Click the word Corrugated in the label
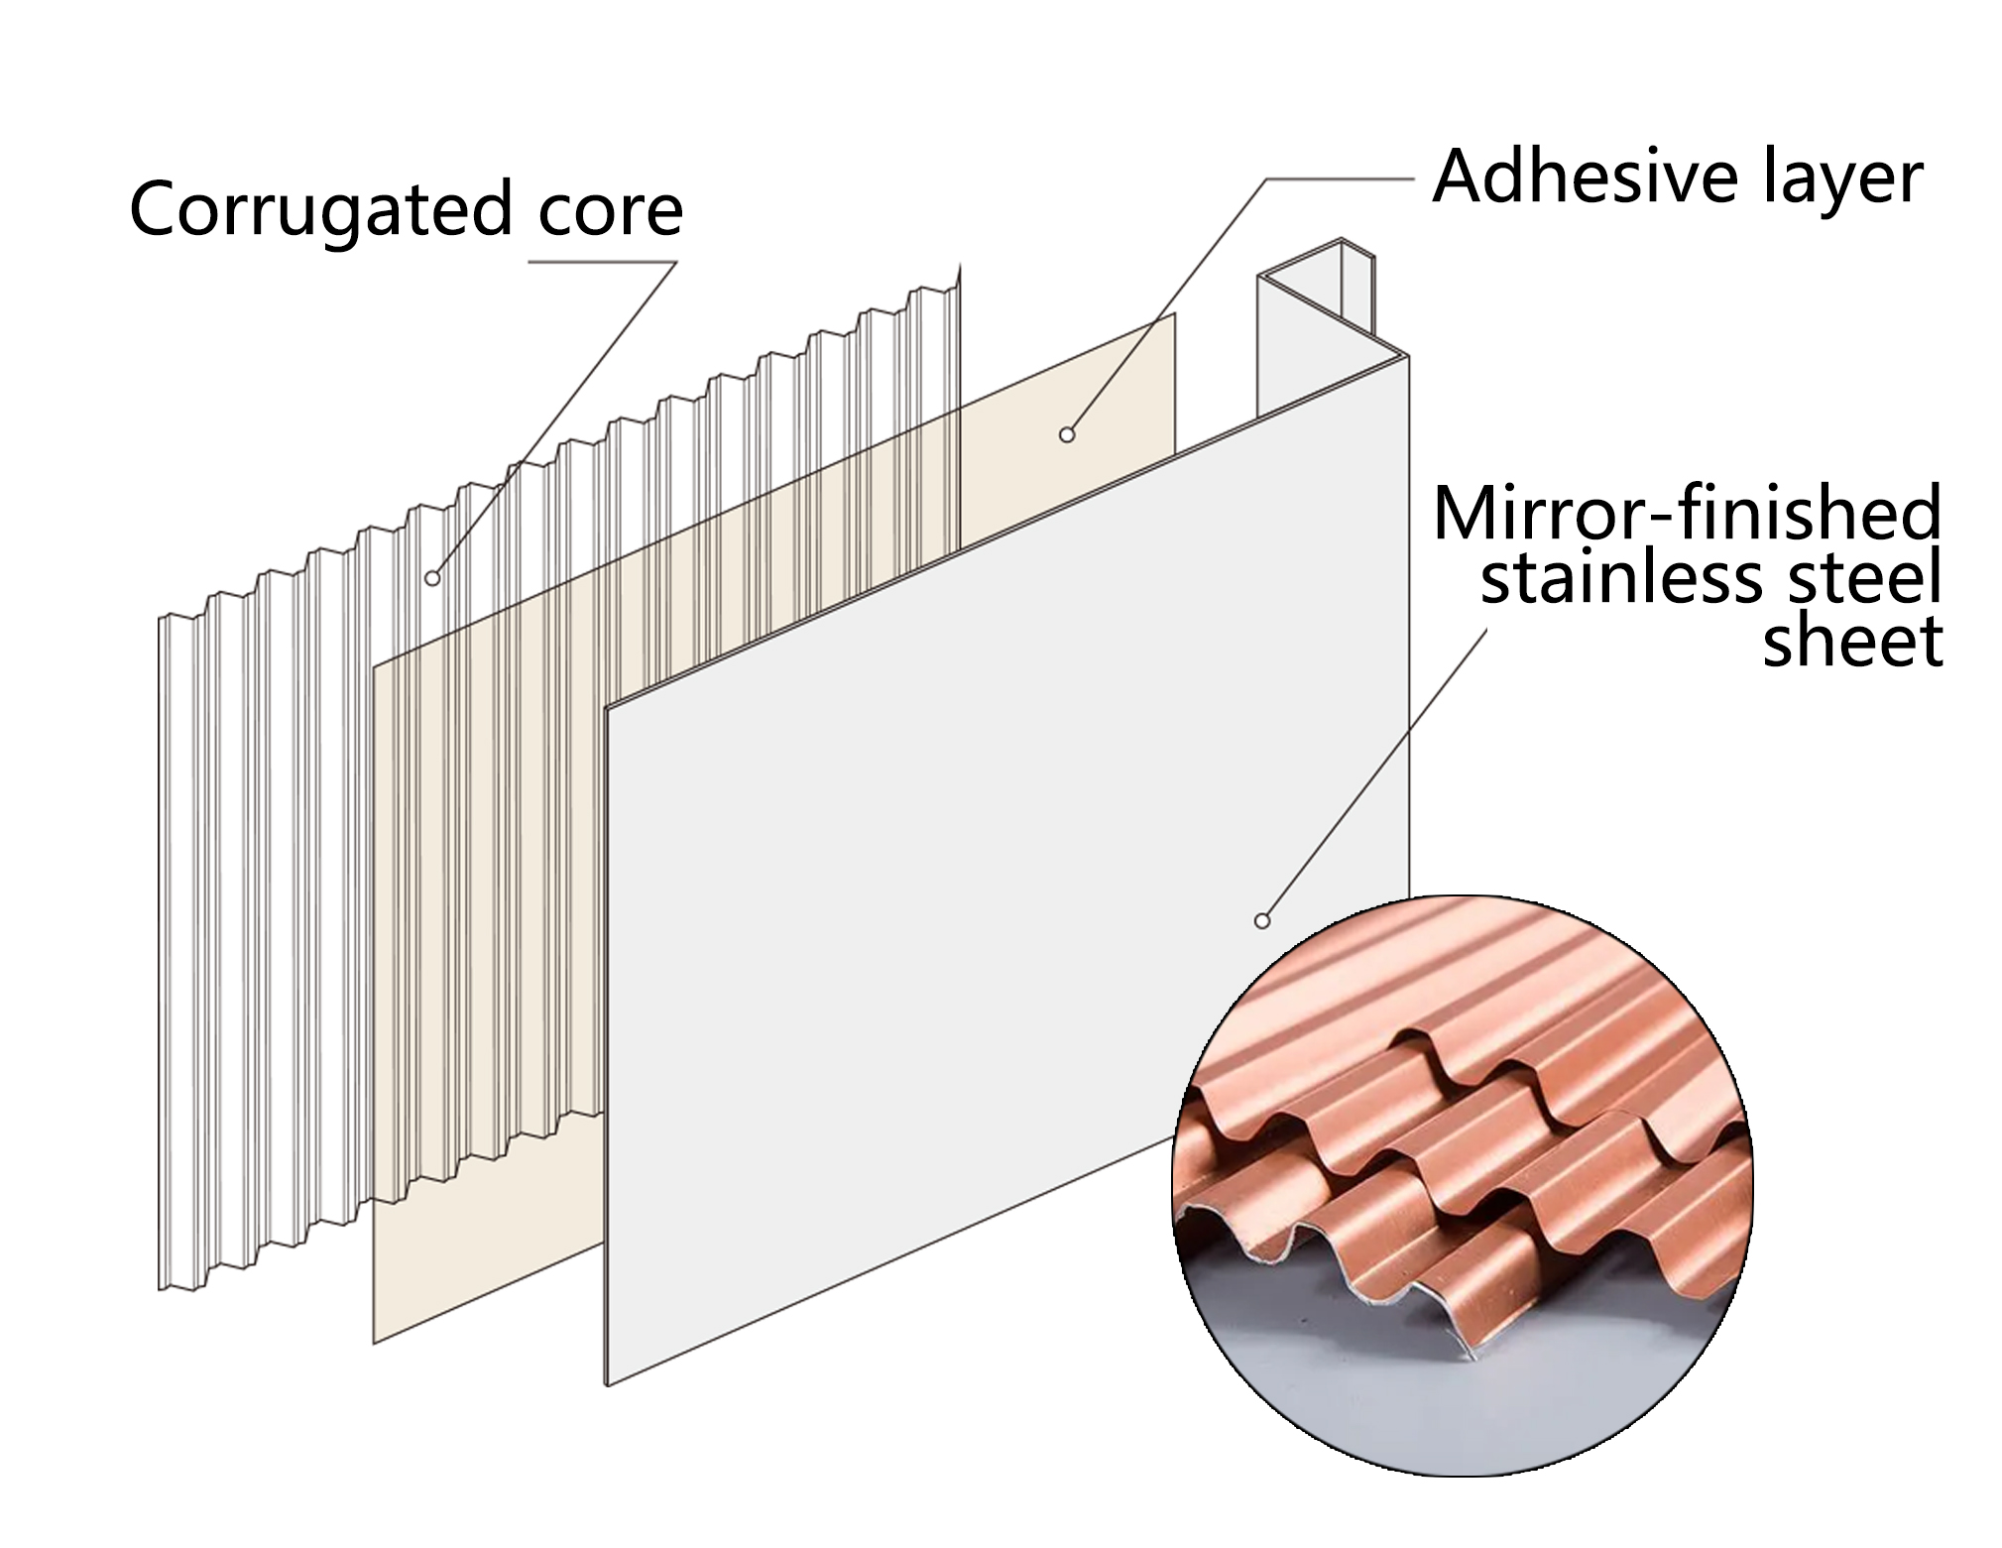319,211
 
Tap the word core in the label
610,210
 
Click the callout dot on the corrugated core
432,578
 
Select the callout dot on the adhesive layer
1067,434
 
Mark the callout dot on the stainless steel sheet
1262,921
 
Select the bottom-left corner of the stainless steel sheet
607,1385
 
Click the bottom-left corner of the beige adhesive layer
374,1344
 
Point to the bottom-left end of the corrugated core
160,1289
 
